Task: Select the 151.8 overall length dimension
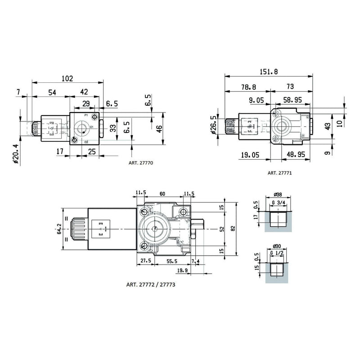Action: [269, 71]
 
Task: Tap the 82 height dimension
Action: [232, 228]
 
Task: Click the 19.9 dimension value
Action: [183, 270]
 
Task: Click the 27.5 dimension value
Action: [145, 261]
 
